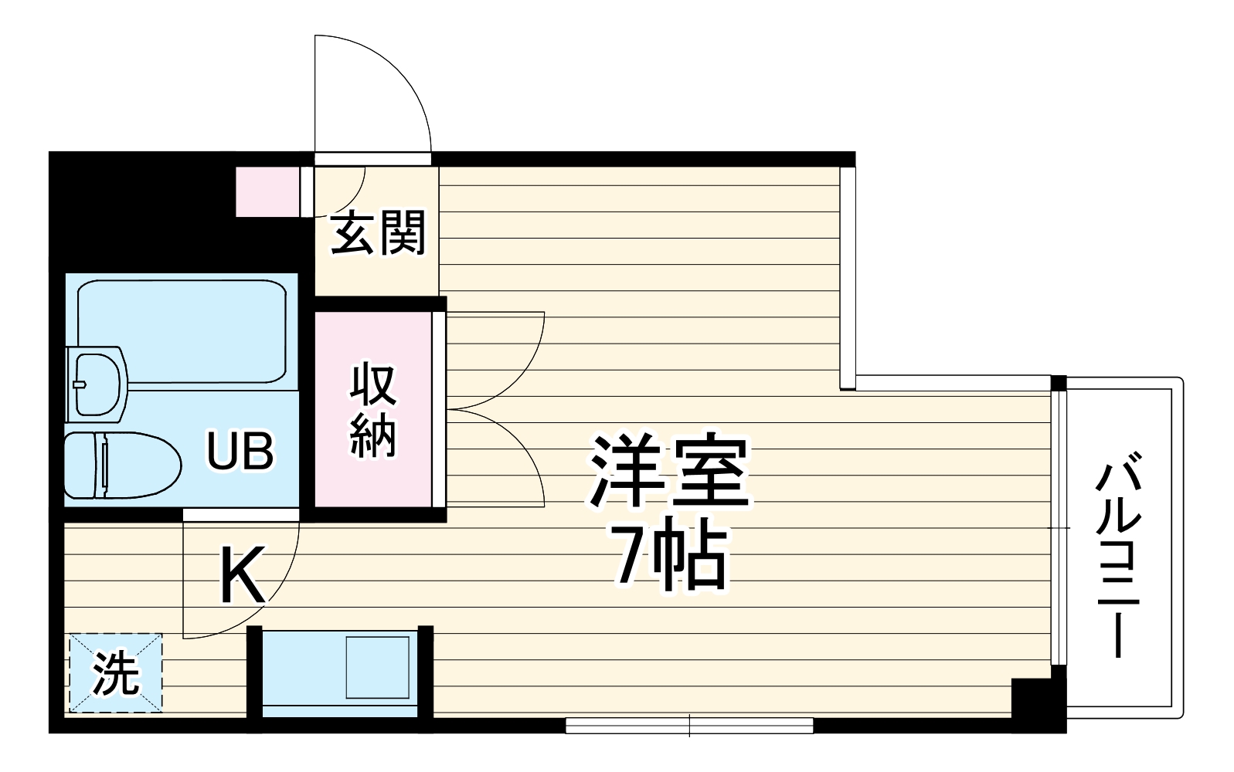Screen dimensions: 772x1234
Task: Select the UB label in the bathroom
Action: [240, 452]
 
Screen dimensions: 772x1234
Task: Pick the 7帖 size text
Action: [669, 557]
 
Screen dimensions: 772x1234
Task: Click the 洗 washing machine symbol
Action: [116, 673]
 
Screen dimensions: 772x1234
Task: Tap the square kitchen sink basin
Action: [377, 667]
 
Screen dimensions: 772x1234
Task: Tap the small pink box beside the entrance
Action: [267, 191]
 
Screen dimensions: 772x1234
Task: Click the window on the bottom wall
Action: [689, 726]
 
